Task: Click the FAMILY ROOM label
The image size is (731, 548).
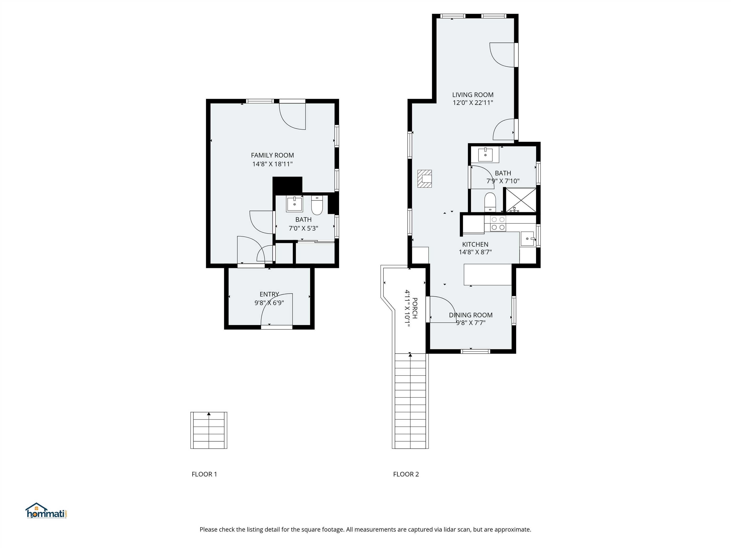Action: click(x=272, y=155)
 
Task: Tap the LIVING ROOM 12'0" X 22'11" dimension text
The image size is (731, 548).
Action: click(x=473, y=103)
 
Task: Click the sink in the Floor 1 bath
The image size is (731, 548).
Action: click(x=294, y=204)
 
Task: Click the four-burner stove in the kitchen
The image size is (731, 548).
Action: click(x=498, y=223)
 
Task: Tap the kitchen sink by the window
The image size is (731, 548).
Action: click(x=527, y=239)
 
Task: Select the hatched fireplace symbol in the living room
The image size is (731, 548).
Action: click(x=425, y=179)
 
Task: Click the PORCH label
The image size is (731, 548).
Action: click(x=415, y=308)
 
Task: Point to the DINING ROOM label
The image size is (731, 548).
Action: click(x=471, y=315)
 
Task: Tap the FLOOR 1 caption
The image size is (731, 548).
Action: click(x=204, y=474)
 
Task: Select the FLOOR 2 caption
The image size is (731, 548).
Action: click(x=406, y=474)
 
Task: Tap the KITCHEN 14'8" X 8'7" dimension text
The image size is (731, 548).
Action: click(x=475, y=252)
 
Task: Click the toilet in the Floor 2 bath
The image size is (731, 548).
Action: click(x=490, y=202)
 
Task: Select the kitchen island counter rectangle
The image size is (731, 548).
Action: click(x=488, y=274)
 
